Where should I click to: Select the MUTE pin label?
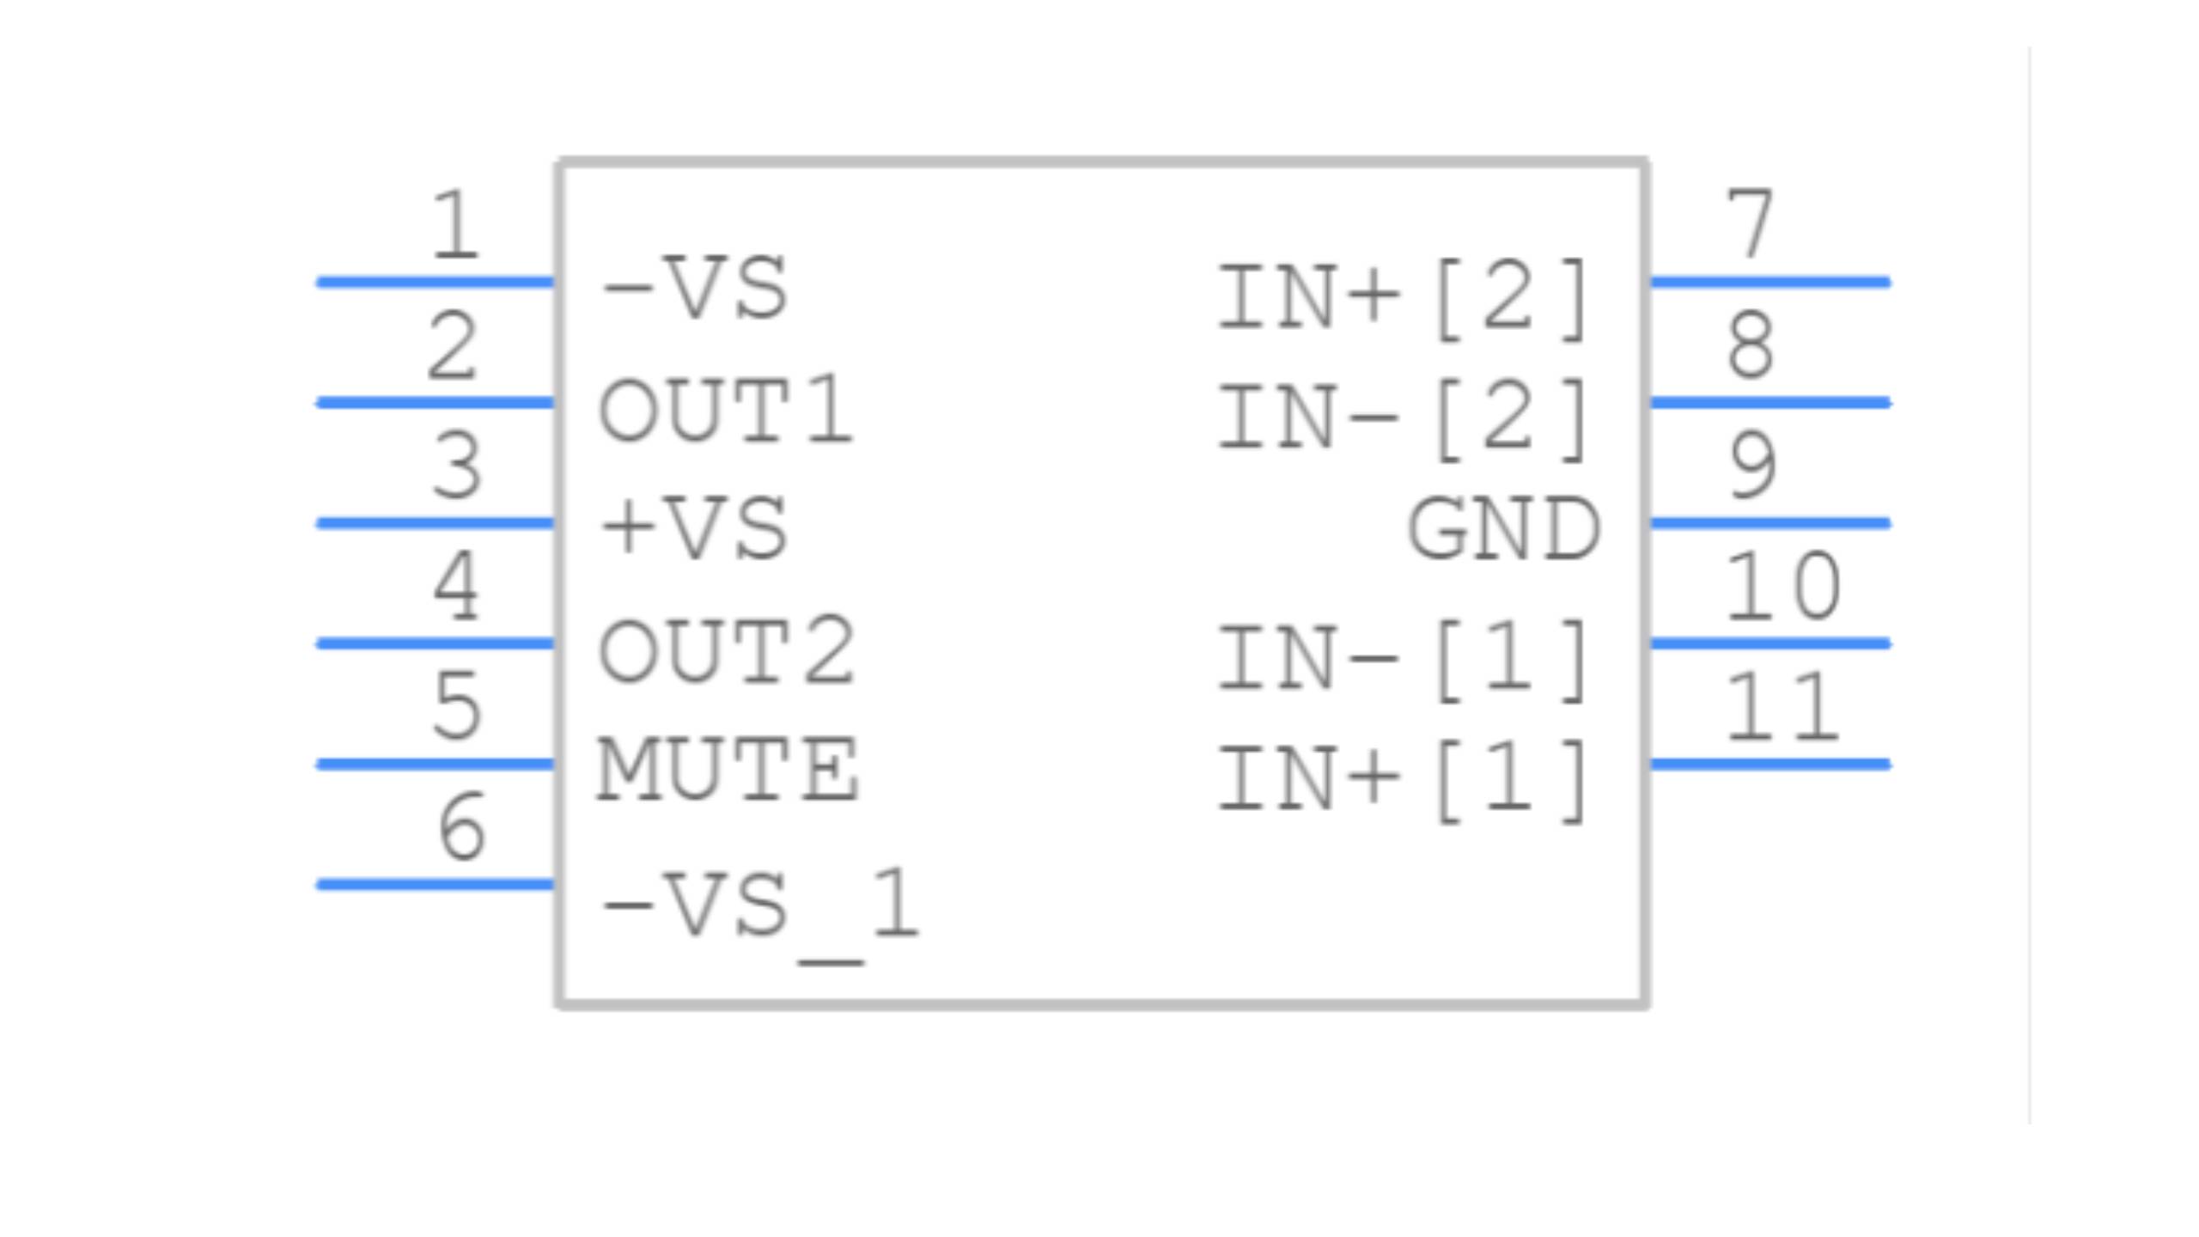[728, 771]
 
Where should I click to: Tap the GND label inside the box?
[1503, 530]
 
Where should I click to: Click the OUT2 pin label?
[727, 652]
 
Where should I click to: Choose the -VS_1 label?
[761, 906]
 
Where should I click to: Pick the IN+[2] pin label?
[1404, 299]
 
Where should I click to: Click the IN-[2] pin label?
[1404, 419]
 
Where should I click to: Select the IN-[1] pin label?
[1404, 661]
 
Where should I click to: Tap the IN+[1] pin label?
[1404, 781]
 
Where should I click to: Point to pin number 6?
[461, 827]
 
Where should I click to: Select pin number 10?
[1782, 588]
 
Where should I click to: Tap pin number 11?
[1782, 708]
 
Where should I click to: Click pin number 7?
[1750, 226]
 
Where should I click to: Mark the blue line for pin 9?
[1770, 523]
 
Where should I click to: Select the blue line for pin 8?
[1770, 402]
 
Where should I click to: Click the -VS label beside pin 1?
[694, 289]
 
